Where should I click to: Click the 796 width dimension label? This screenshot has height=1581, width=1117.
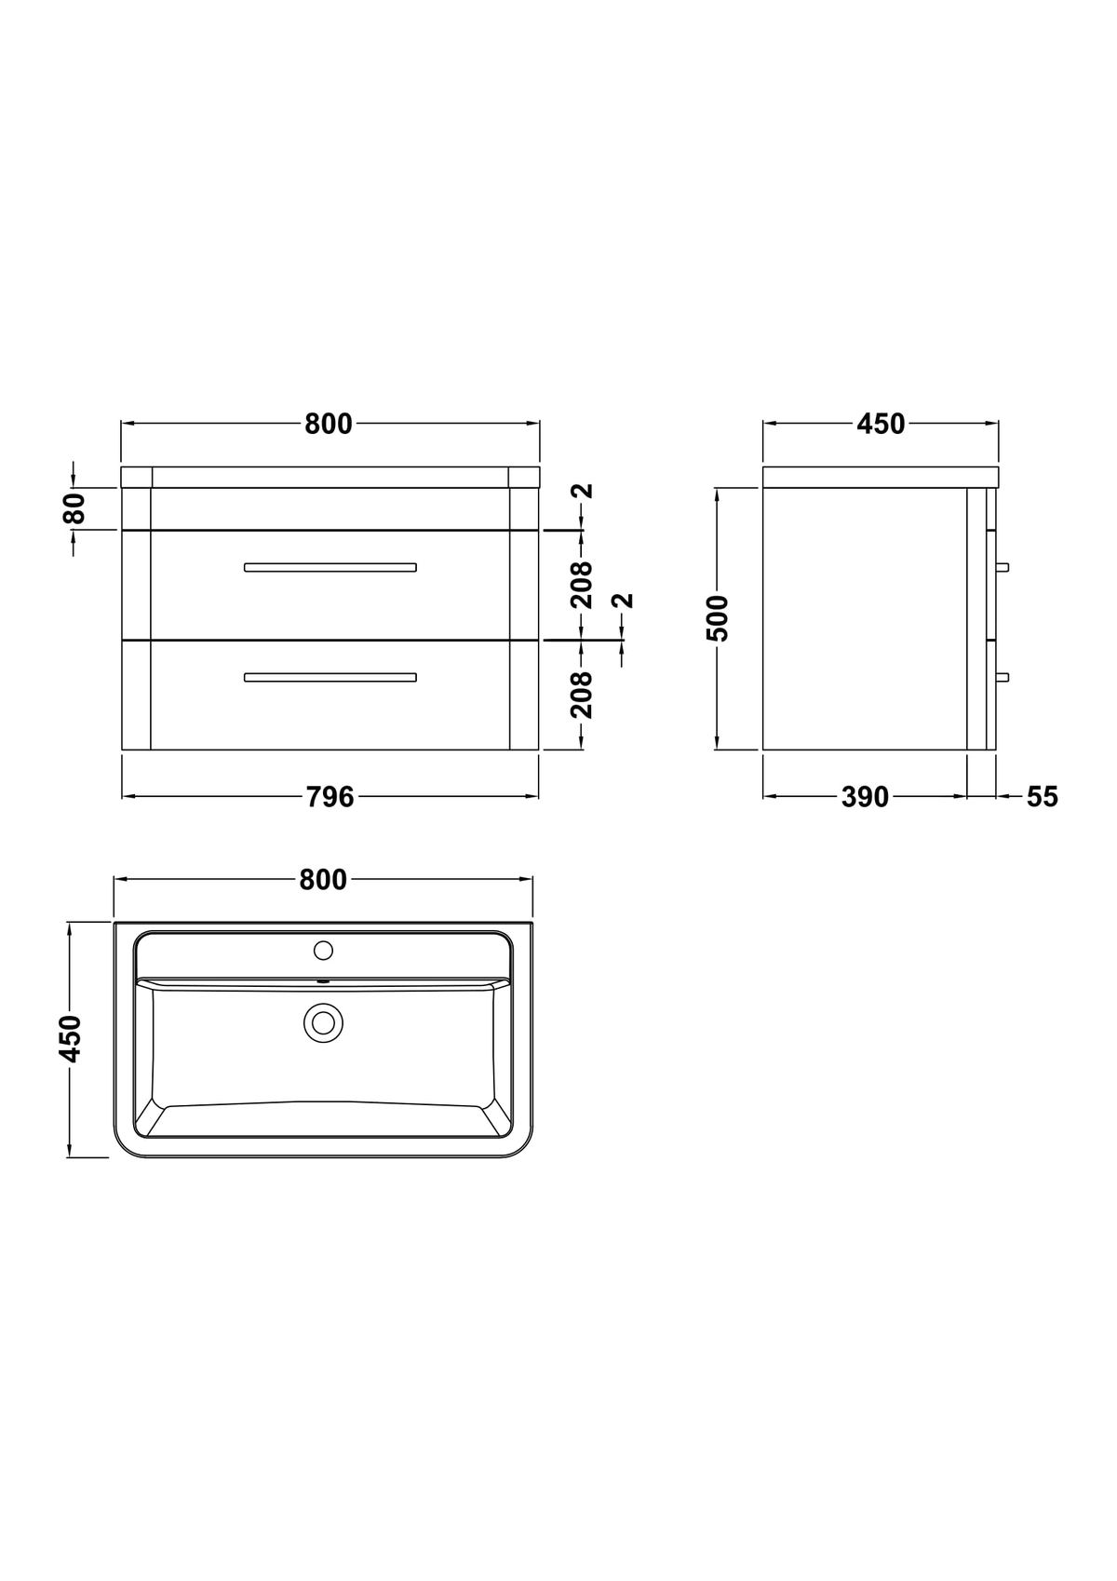coord(330,797)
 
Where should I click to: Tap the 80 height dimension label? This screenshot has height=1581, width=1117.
coord(74,508)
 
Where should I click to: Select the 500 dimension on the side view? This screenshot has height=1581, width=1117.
coord(717,618)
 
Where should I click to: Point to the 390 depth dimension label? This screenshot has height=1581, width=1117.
coord(866,797)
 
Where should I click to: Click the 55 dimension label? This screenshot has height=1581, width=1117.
coord(1043,797)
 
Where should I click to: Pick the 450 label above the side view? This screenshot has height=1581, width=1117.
coord(881,424)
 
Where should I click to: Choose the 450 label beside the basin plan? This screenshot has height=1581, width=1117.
coord(71,1039)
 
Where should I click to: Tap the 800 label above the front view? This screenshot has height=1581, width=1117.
coord(328,424)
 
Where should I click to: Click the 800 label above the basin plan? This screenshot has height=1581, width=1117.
coord(323,880)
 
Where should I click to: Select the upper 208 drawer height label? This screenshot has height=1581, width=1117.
coord(582,585)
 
